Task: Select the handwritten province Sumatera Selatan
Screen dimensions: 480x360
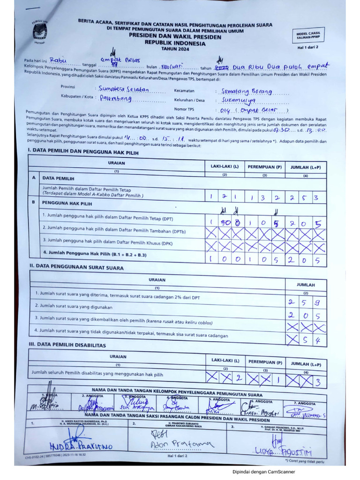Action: (x=124, y=89)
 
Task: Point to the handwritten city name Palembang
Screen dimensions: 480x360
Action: (x=116, y=99)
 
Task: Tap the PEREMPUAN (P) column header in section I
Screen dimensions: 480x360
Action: (x=265, y=167)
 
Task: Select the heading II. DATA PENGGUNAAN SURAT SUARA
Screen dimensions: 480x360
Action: (x=76, y=268)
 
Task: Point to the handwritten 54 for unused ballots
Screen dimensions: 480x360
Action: (x=311, y=339)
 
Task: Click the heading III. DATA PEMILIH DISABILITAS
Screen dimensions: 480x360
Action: (x=67, y=345)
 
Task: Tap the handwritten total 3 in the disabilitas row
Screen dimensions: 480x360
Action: (x=318, y=382)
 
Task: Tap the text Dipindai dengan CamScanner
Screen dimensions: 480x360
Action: (x=264, y=472)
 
